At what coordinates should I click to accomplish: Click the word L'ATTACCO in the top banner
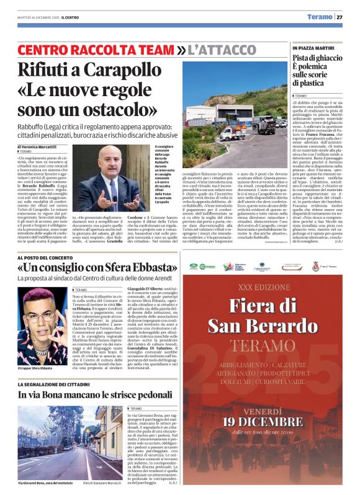click(221, 48)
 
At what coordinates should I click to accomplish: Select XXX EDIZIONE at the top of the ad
click(268, 288)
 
